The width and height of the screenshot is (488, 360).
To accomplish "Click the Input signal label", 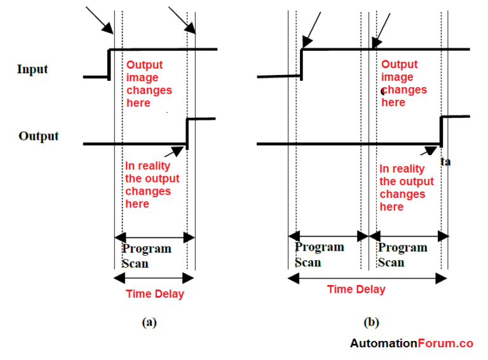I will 32,69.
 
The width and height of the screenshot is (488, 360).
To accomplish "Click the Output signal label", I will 38,135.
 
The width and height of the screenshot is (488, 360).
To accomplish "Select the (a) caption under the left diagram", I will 149,322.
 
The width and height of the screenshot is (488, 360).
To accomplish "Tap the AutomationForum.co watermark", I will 411,343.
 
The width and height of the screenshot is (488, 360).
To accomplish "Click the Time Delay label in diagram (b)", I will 356,289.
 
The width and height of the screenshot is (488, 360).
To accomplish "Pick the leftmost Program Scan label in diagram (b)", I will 319,254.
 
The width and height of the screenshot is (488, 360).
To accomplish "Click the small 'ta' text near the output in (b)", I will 446,162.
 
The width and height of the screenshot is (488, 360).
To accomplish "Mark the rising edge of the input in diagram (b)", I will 301,62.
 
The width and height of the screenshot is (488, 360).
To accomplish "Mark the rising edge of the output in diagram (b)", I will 442,130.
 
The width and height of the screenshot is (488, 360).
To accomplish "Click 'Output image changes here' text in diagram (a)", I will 149,83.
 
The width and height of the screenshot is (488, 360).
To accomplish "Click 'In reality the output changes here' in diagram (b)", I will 406,188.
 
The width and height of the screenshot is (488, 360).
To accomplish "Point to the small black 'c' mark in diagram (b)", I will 383,92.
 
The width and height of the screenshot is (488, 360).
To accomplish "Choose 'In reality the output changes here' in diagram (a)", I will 152,184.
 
